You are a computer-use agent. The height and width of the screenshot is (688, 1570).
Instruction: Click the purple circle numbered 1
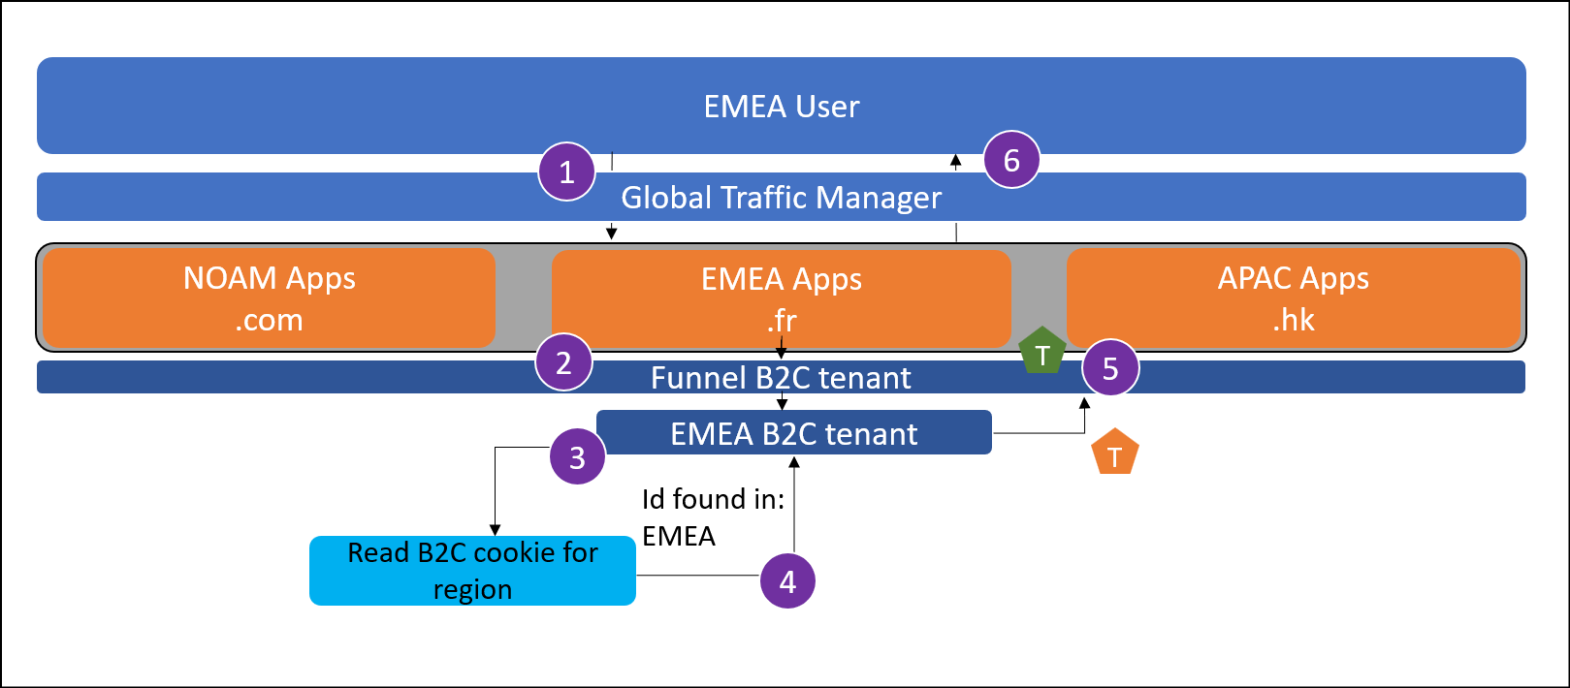(567, 172)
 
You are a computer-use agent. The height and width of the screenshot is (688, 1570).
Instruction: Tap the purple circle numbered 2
(563, 362)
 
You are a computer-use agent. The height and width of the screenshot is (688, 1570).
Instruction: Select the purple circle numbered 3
(577, 456)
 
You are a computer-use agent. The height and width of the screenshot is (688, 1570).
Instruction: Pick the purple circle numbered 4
(787, 580)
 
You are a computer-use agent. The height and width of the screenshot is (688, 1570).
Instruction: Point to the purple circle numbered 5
(1110, 367)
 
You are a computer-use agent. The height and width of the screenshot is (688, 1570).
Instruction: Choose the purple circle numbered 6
(1011, 160)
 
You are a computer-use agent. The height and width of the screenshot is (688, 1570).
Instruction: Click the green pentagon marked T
(1042, 353)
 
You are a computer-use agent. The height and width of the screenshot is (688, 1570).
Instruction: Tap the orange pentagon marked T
(1115, 453)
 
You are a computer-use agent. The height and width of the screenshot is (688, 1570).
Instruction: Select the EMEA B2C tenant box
(793, 433)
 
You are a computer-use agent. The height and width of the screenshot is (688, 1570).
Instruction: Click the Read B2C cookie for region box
(472, 571)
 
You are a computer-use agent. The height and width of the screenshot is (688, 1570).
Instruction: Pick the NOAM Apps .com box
(270, 298)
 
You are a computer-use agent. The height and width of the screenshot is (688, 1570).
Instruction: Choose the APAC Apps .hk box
(1293, 298)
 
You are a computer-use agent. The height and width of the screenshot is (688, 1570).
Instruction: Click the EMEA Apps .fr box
(782, 298)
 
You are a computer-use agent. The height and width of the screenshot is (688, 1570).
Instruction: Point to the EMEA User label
(782, 106)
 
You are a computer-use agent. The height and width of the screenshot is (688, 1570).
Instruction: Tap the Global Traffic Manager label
(782, 198)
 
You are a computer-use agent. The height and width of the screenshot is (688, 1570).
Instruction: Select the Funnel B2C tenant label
(782, 378)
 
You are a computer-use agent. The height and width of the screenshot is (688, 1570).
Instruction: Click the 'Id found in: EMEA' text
(713, 517)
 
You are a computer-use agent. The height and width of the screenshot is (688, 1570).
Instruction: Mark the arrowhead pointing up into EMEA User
(956, 161)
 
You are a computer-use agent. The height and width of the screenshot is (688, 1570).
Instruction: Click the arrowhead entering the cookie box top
(496, 530)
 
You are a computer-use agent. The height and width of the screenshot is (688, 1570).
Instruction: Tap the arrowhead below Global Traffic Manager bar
(611, 233)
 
